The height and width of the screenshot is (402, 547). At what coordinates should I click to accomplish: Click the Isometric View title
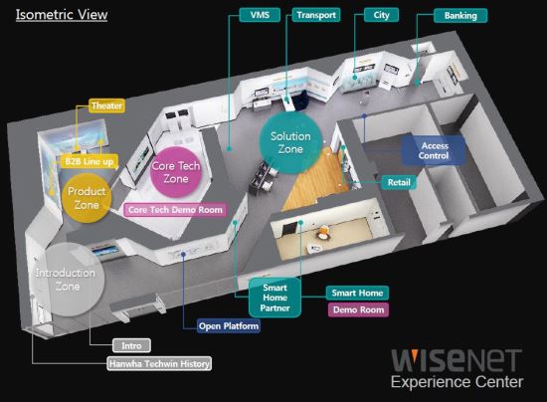[x=62, y=15]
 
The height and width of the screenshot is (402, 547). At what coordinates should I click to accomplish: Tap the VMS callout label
[x=260, y=15]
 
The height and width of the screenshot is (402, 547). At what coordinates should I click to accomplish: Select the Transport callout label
[x=316, y=15]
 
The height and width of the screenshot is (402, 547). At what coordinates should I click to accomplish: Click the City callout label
[x=381, y=15]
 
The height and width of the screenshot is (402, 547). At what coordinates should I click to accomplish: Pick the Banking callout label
[x=460, y=15]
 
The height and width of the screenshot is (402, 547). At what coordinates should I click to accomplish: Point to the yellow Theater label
[x=106, y=105]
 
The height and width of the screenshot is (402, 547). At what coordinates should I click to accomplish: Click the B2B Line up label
[x=90, y=161]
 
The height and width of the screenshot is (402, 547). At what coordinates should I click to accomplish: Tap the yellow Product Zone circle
[x=87, y=198]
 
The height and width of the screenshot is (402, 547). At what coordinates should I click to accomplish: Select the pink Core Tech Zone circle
[x=176, y=172]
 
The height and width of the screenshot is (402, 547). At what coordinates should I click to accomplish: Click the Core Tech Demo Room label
[x=175, y=210]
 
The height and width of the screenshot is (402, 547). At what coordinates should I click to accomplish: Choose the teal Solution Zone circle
[x=290, y=142]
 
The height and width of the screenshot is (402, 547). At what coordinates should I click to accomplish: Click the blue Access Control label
[x=434, y=150]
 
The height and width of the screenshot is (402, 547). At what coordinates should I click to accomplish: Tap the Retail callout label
[x=399, y=182]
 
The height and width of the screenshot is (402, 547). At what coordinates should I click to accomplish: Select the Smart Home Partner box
[x=274, y=298]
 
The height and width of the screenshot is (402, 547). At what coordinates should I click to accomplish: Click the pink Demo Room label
[x=358, y=309]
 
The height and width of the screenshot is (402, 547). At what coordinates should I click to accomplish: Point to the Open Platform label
[x=229, y=326]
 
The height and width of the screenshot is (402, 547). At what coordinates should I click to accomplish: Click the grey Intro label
[x=131, y=345]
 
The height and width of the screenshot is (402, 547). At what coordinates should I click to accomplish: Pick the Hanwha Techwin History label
[x=159, y=363]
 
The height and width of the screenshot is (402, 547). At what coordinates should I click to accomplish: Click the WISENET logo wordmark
[x=456, y=361]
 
